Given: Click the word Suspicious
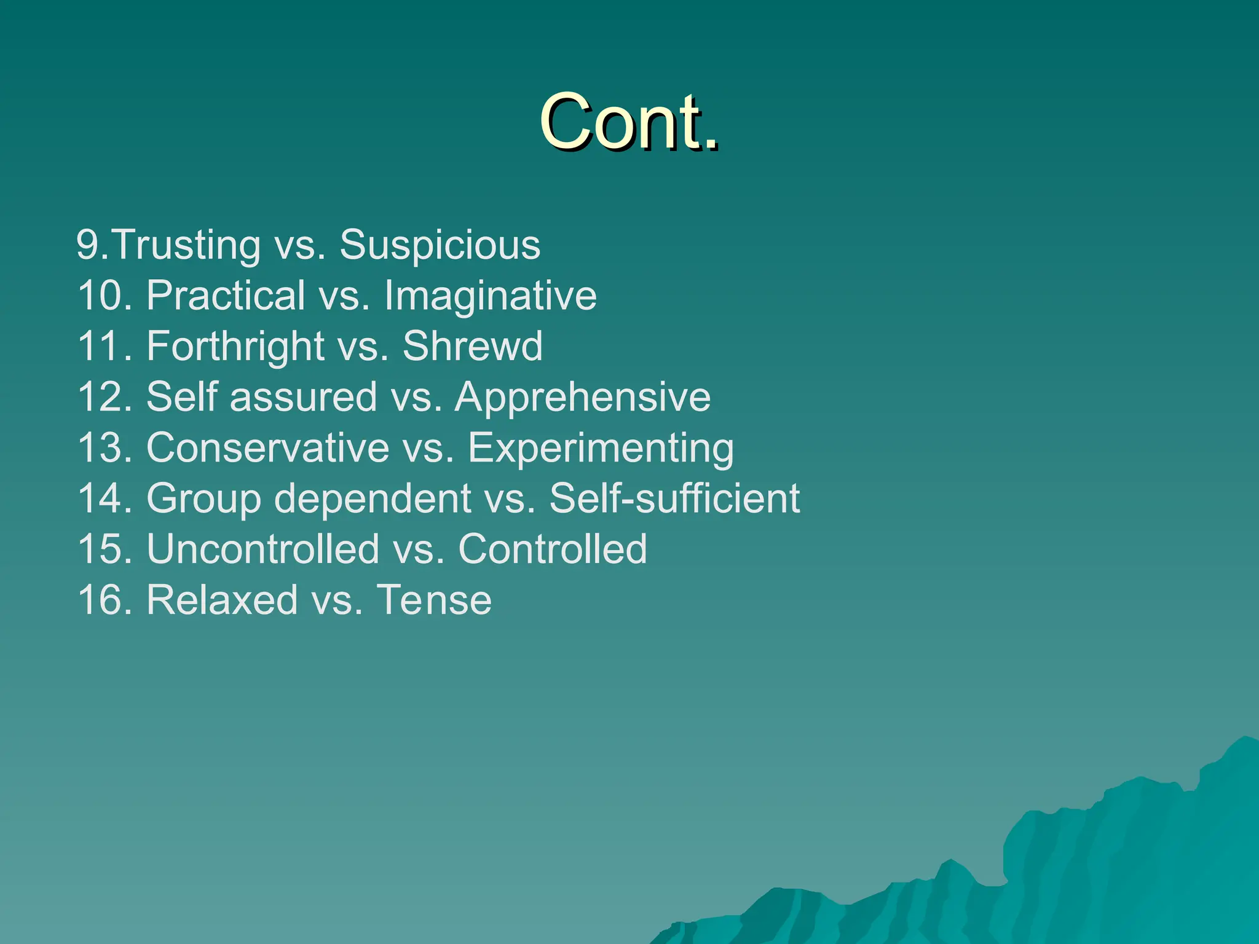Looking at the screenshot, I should coord(440,245).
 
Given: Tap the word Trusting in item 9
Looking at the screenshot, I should coord(187,245).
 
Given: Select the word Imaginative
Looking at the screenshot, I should coord(490,296).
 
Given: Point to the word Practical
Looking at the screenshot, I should coord(226,296).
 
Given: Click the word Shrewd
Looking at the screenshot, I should coord(472,347).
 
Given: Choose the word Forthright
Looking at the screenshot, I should coord(235,347).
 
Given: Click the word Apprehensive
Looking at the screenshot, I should coord(582,397).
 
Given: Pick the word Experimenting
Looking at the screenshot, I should coord(601,448).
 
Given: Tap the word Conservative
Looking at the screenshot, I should coord(267,448).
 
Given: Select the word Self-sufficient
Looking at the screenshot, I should coord(674,498).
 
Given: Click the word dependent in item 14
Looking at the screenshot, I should coord(373,498).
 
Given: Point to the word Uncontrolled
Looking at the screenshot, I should coord(263,549).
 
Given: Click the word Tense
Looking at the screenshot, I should coord(434,600).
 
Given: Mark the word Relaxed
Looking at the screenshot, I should coord(222,600).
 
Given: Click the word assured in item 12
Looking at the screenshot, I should coord(303,397).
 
